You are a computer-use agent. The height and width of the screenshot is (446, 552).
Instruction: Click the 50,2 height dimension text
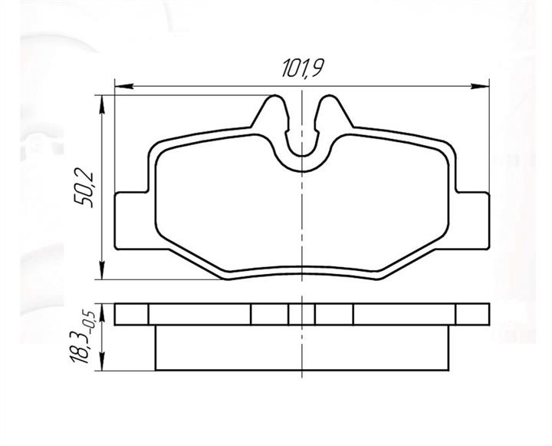(x=84, y=190)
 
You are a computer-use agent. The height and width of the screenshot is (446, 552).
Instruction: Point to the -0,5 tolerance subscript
(x=90, y=319)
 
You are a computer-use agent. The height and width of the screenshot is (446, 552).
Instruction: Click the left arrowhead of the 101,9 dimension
(x=124, y=86)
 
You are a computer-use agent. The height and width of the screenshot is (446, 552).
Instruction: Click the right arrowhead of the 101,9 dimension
(x=480, y=86)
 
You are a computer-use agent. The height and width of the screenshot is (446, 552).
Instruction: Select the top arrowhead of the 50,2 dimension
(x=102, y=104)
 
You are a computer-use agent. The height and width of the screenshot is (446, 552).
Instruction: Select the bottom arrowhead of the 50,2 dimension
(x=102, y=270)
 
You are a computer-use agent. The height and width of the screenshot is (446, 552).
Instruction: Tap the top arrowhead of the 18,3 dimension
(x=102, y=312)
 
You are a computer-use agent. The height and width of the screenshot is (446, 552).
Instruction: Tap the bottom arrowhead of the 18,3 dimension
(x=102, y=362)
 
